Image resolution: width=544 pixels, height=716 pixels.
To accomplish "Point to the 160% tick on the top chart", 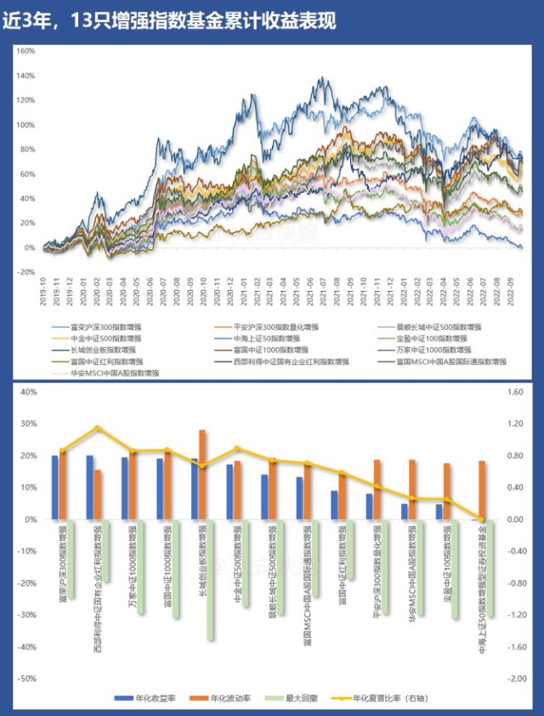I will tap(25, 51).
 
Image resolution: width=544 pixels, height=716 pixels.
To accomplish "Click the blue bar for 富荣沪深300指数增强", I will tap(55, 487).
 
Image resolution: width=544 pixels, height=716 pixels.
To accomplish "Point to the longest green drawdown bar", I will tap(210, 578).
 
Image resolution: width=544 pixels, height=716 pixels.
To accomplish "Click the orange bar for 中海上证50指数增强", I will tap(482, 490).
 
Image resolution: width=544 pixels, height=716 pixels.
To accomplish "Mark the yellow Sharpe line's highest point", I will tap(97, 428).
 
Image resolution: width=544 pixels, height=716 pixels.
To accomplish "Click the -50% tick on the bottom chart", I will tap(25, 679).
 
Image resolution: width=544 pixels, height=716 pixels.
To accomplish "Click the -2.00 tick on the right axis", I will tap(518, 679).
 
